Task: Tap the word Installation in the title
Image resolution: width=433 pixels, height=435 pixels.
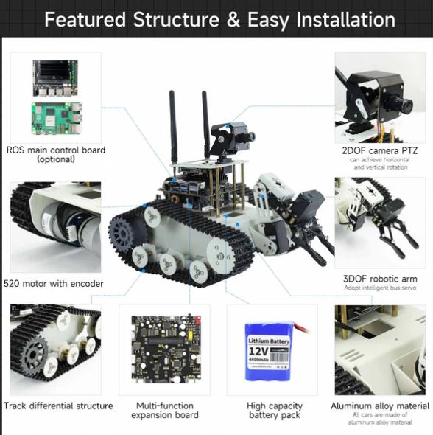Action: coord(345,19)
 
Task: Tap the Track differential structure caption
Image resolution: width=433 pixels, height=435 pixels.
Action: coord(58,406)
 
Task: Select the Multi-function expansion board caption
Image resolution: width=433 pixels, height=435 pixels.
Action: coord(165,411)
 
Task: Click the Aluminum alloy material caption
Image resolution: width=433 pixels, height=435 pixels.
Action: coord(379,406)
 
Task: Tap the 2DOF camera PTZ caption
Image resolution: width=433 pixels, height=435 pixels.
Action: coord(379,150)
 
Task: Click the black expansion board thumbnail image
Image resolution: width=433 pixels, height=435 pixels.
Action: coord(164,349)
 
